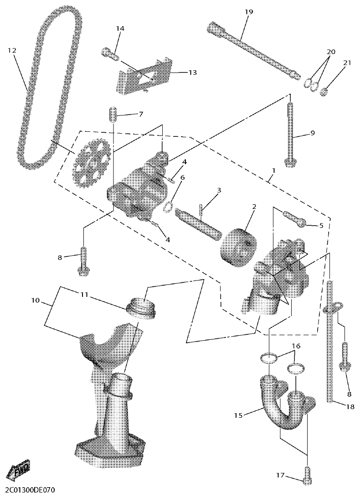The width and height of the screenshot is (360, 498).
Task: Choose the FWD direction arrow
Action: pos(19,469)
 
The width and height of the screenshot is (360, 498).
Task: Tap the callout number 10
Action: pos(36,301)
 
